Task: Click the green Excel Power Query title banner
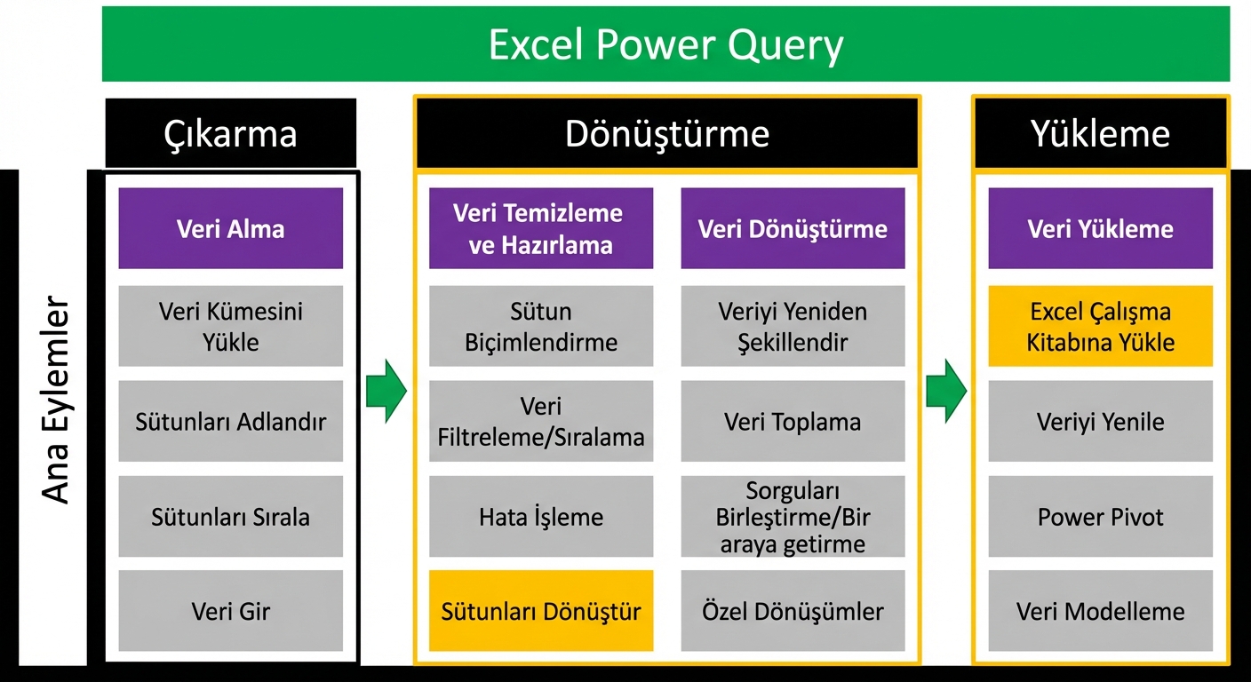coord(665,44)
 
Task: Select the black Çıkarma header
coord(231,133)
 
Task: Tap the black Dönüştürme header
coord(666,133)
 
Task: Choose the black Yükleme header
coord(1100,133)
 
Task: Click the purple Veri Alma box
coord(231,228)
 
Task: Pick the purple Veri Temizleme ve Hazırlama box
coord(541,228)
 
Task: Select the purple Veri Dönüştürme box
coord(793,228)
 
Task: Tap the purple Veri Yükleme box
coord(1100,228)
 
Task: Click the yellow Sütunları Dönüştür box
coord(541,611)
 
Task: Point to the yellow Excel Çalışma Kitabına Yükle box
coord(1100,326)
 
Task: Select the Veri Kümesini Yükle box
coord(231,326)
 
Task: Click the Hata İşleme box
coord(541,517)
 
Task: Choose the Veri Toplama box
coord(793,421)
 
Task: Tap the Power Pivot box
coord(1100,517)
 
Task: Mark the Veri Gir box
coord(231,611)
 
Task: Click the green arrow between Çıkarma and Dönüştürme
coord(386,391)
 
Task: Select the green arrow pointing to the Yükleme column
coord(945,391)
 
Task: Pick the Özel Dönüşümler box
coord(793,611)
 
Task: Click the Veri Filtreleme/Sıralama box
coord(541,421)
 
